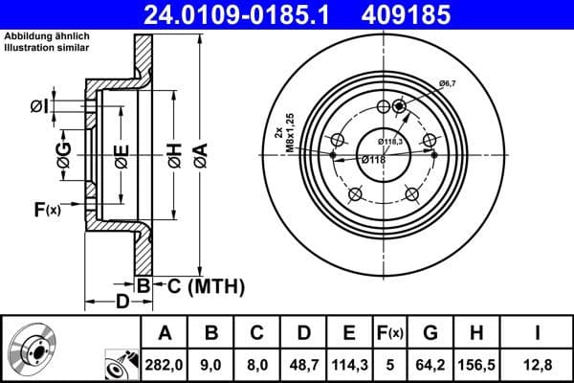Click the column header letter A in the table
tap(165, 332)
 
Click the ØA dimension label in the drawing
tap(198, 155)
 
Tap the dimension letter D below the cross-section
tap(121, 303)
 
